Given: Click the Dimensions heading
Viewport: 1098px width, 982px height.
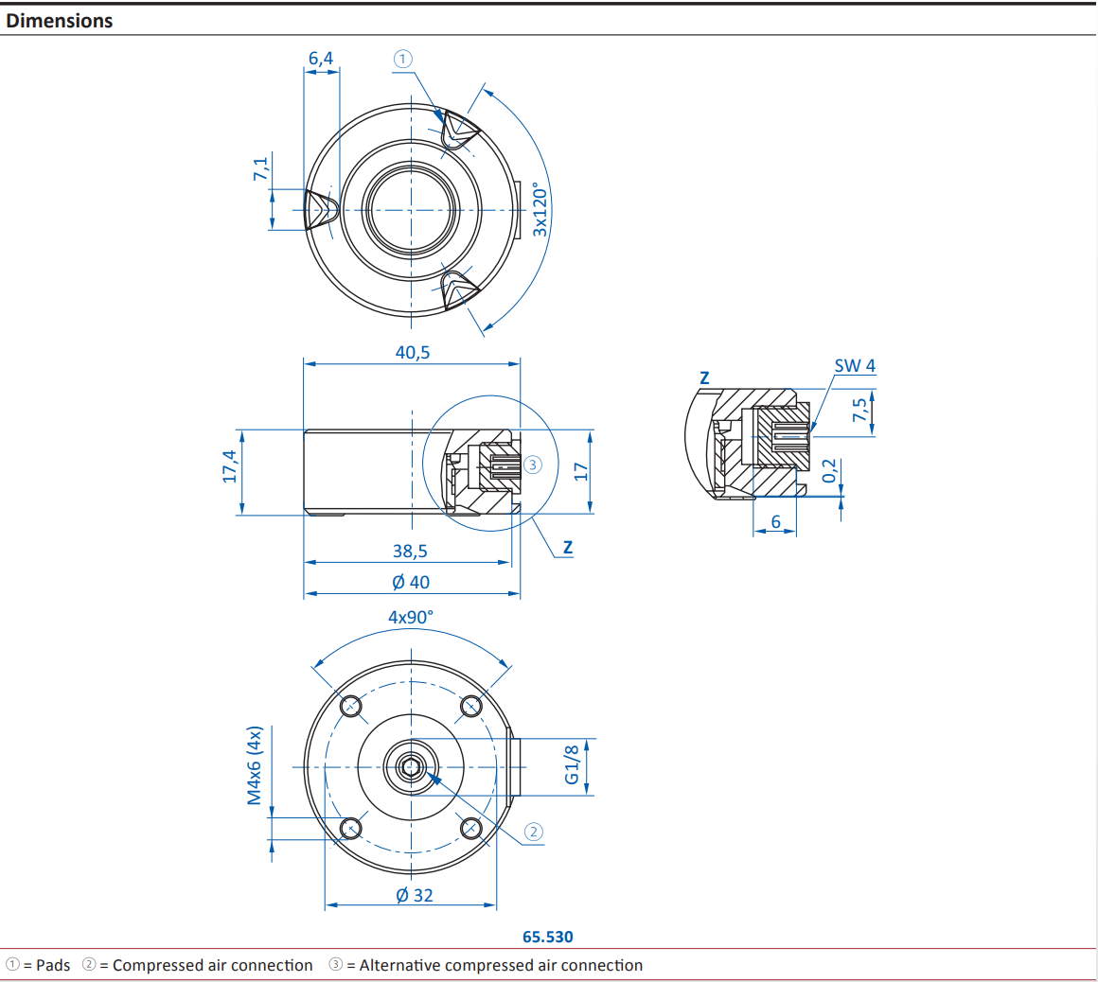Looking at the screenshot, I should point(59,21).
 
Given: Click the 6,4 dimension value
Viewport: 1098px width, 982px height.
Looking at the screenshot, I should point(321,59).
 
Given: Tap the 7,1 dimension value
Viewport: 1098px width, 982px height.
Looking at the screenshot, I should point(260,169).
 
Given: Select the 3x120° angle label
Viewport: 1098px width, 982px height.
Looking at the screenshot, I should point(540,209).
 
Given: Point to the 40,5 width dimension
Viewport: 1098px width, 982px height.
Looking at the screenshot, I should point(412,352).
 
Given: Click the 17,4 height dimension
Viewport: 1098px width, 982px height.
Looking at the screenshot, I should point(230,466).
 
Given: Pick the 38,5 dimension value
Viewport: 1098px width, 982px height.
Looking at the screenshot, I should point(410,551).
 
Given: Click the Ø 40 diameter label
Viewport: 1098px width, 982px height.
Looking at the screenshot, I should point(411,582).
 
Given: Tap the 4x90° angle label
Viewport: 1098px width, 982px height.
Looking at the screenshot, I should point(411,617).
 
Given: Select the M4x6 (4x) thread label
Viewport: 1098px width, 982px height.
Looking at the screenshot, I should point(254,765).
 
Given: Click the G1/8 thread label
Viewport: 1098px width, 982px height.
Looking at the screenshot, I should point(572,764).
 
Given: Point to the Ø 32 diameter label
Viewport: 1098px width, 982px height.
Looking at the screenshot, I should point(414,895).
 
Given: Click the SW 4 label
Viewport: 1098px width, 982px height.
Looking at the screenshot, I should point(854,365).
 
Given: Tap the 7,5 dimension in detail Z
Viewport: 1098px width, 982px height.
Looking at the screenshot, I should point(859,412).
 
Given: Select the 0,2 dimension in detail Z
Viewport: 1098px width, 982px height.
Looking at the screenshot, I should point(830,471).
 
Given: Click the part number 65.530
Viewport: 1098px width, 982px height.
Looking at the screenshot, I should point(547,937).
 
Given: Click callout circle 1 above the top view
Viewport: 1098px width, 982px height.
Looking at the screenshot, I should point(402,59).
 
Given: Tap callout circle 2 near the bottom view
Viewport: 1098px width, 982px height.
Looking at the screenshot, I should point(534,832).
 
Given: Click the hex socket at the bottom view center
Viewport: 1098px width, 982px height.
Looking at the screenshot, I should point(411,767).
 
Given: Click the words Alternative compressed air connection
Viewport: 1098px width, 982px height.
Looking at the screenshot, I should point(501,965).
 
